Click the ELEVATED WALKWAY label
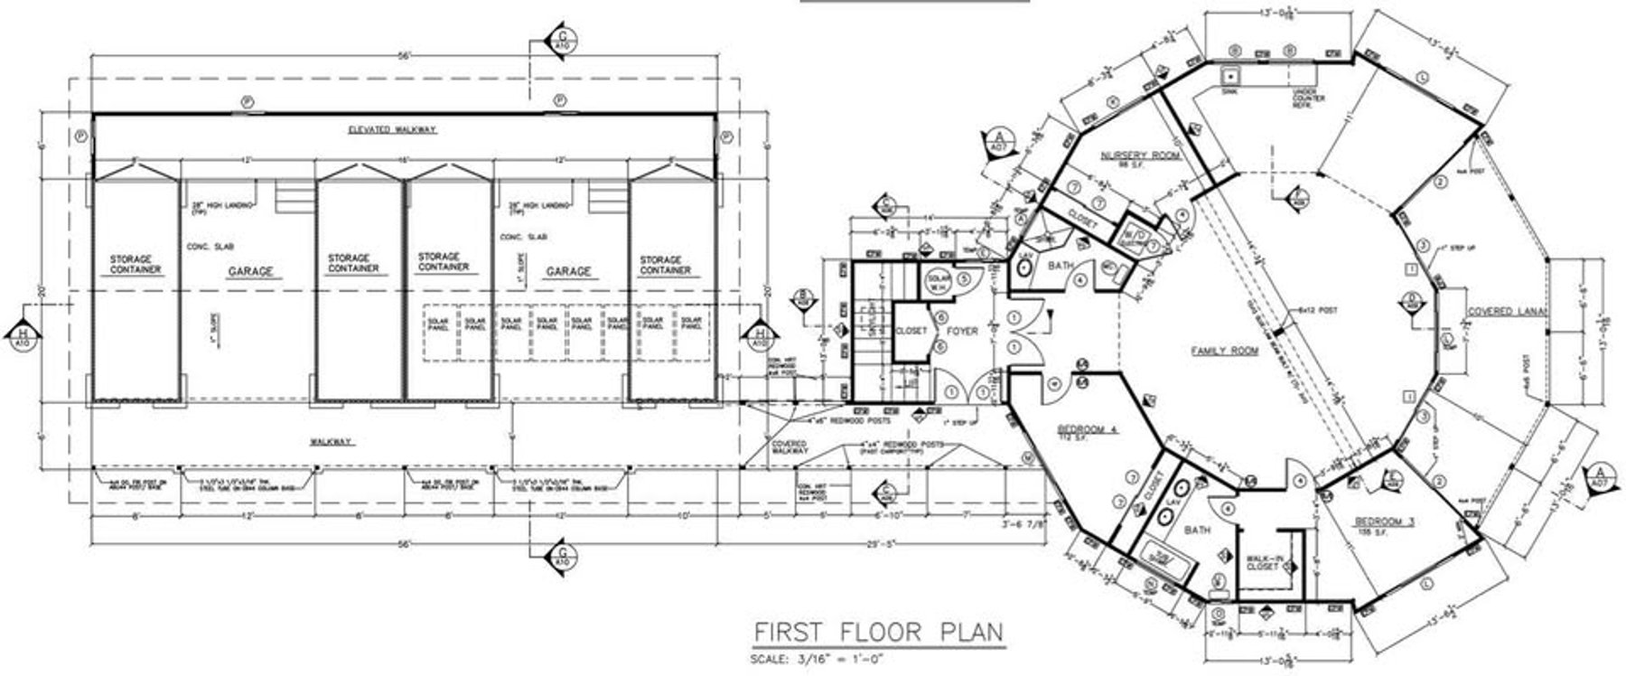click(x=392, y=130)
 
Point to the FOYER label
click(x=963, y=332)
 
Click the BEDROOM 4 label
click(x=1087, y=430)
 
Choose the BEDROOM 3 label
click(x=1384, y=523)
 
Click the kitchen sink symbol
click(x=1229, y=76)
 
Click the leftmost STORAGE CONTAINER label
click(x=135, y=264)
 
